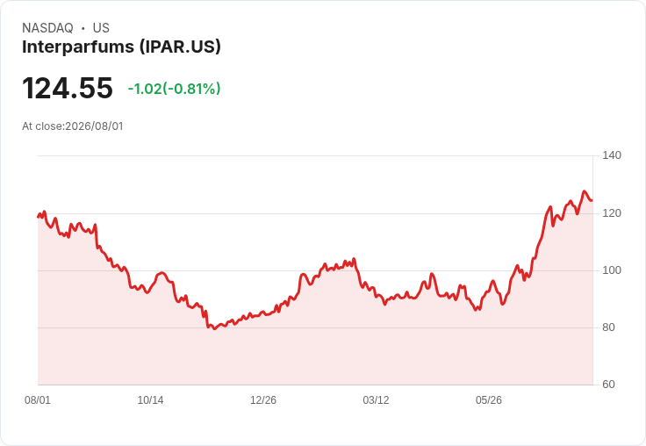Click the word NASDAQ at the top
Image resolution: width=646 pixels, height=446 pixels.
tap(47, 28)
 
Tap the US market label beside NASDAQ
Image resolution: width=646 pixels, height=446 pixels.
tap(101, 28)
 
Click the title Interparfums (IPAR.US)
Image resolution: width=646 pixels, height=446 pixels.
tap(121, 47)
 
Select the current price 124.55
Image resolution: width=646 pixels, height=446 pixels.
tap(68, 88)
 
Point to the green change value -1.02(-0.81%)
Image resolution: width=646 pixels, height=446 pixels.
tap(175, 89)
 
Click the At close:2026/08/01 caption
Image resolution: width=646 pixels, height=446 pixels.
tap(73, 126)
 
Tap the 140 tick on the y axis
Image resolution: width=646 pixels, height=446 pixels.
tap(612, 155)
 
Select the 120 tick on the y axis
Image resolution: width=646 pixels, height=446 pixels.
tap(612, 213)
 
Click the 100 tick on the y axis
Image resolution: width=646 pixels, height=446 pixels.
tap(612, 270)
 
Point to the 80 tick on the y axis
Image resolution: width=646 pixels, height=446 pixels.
tap(608, 327)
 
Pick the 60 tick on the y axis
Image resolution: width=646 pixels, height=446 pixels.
tap(608, 385)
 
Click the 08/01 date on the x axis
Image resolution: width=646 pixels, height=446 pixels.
tap(38, 400)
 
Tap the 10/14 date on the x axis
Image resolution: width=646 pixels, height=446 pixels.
tap(150, 400)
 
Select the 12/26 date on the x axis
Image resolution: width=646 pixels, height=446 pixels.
tap(263, 400)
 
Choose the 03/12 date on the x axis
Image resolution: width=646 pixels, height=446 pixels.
tap(376, 400)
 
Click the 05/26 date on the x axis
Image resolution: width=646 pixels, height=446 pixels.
tap(489, 400)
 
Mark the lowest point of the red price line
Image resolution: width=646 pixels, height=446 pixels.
tap(214, 329)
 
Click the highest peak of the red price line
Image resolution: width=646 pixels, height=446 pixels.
tap(584, 191)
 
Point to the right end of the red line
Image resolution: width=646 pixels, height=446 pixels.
tap(592, 201)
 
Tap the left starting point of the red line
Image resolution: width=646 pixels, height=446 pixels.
tap(38, 217)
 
